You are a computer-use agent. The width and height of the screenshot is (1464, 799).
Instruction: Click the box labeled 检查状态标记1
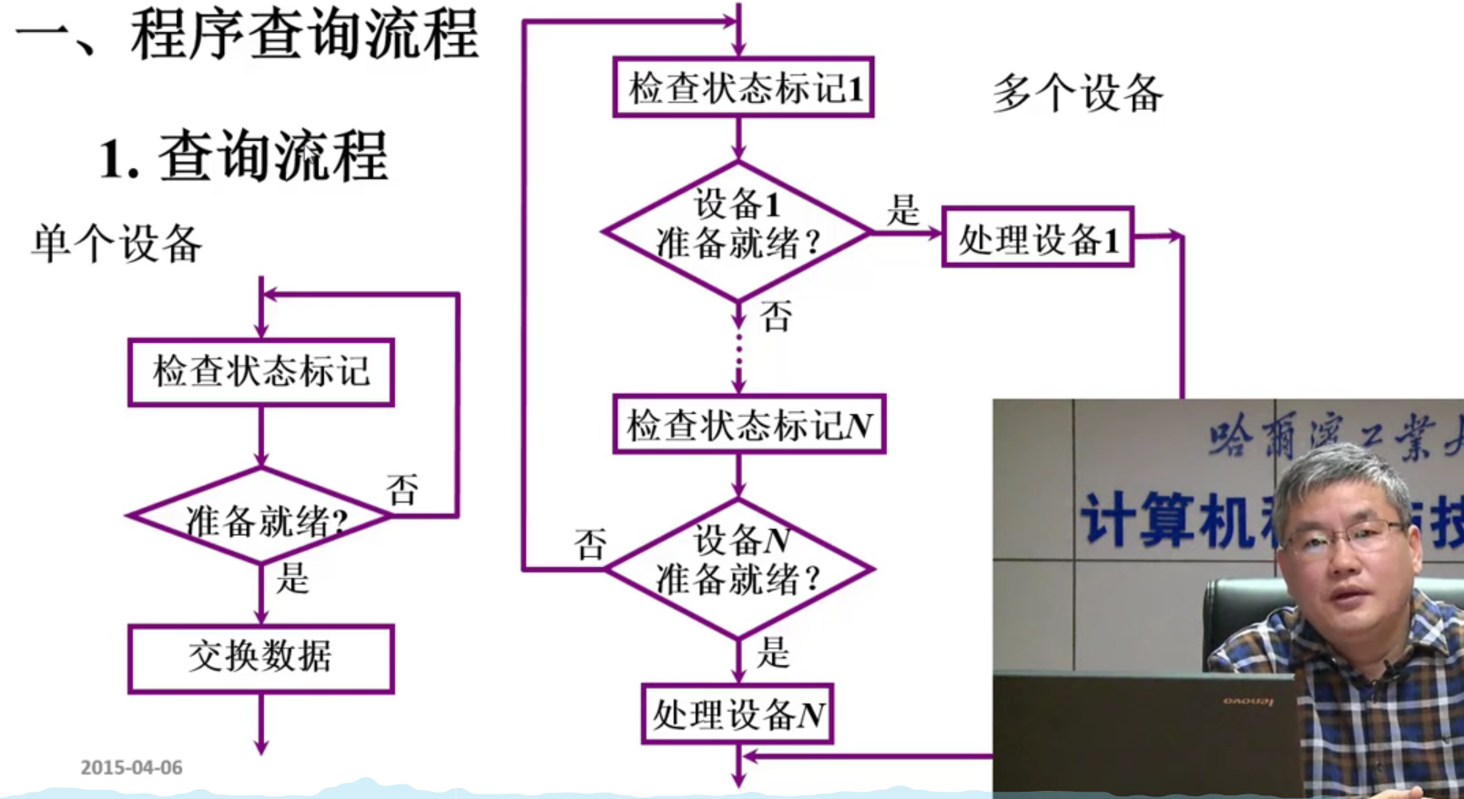click(743, 87)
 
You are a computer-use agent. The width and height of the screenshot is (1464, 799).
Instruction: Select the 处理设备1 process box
click(1037, 238)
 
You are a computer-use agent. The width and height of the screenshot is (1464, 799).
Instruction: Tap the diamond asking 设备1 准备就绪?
click(737, 231)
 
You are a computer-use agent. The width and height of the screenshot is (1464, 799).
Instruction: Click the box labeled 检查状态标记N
click(748, 424)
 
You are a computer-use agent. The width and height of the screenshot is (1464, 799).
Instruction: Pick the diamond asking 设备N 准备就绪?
click(739, 569)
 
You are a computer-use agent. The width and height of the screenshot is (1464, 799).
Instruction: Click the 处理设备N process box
click(737, 714)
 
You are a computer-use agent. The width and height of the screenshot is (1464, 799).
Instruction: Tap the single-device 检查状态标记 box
click(260, 371)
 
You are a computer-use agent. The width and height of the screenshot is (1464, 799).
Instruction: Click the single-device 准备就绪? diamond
click(260, 518)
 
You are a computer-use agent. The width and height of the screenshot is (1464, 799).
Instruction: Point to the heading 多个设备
click(1077, 93)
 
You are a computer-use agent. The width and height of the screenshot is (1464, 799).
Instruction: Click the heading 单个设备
click(117, 244)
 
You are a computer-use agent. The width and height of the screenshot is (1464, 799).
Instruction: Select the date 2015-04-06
click(131, 767)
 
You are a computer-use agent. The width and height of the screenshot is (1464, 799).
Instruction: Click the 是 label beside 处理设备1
click(903, 210)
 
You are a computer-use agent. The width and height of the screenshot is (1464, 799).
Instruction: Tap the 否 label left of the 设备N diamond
click(590, 544)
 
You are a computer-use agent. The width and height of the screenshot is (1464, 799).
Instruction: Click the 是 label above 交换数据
click(293, 578)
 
